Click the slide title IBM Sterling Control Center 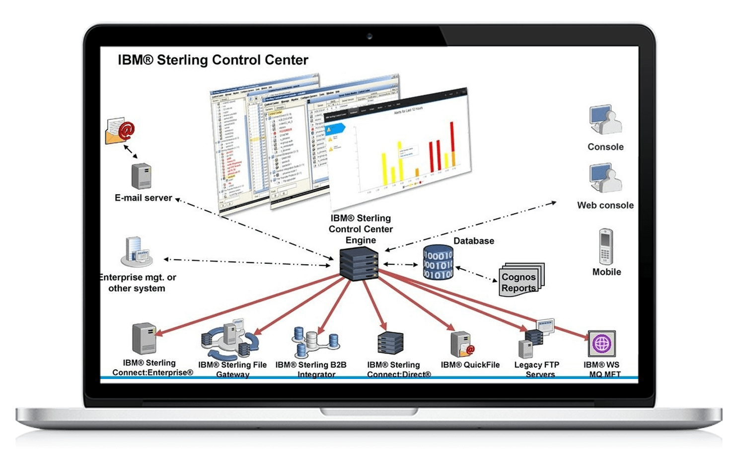tap(213, 60)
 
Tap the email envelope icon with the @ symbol tap(120, 131)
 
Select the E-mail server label tap(143, 198)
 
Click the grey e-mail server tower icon tap(141, 176)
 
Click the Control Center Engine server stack tap(359, 264)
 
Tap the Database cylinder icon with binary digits tap(438, 263)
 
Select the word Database tap(474, 241)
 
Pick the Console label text tap(605, 147)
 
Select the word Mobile tap(606, 272)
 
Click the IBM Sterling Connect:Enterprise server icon tap(144, 339)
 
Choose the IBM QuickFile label tap(470, 365)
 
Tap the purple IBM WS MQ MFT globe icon tap(602, 343)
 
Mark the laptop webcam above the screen tap(369, 37)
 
